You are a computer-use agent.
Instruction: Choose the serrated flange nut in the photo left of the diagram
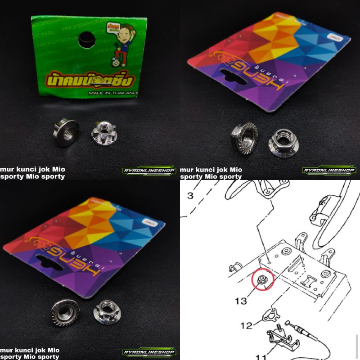[x=64, y=312]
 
